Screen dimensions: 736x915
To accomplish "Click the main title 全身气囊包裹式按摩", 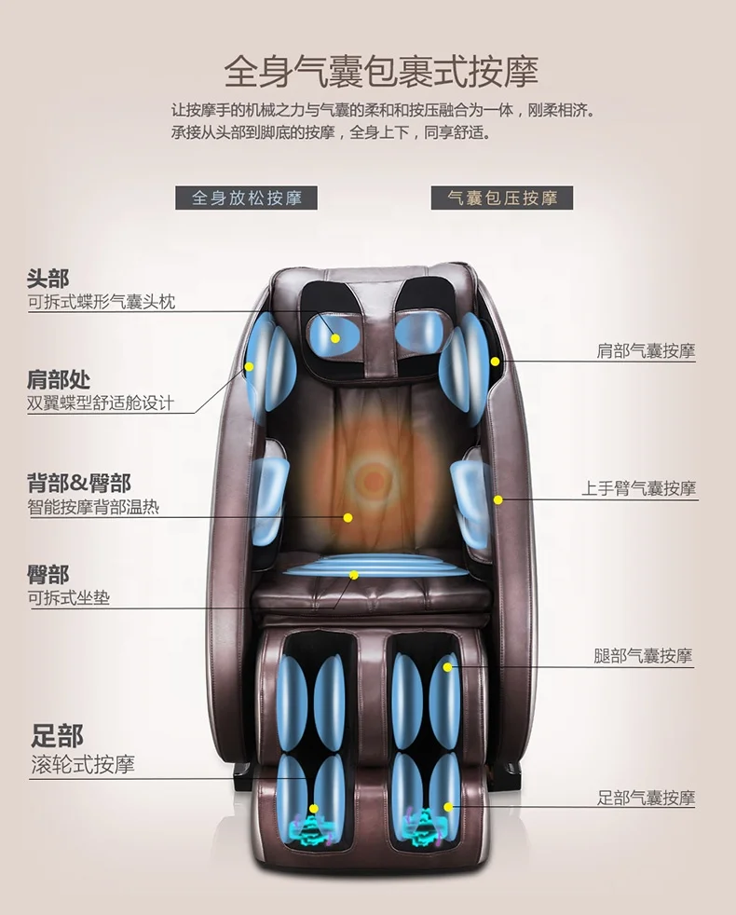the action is (x=381, y=70).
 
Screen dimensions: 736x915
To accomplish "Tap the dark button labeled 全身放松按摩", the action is (x=245, y=198).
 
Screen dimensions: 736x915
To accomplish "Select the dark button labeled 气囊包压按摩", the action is (x=502, y=198).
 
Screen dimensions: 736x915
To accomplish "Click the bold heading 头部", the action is (x=48, y=278).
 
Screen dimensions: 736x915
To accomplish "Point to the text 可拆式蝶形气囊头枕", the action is (x=102, y=302).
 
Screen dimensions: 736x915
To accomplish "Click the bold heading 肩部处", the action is (x=59, y=379).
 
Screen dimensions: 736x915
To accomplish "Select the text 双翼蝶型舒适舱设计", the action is (x=101, y=403).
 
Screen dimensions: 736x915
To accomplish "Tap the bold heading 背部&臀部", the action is (x=79, y=483).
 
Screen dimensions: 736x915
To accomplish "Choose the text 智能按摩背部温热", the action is (x=93, y=508).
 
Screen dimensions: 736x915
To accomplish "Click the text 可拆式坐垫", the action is (x=68, y=598).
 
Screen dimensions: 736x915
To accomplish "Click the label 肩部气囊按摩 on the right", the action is (x=646, y=351).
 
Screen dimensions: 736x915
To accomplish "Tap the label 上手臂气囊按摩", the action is (x=639, y=488).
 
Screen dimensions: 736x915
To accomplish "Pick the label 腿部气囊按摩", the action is (x=643, y=657).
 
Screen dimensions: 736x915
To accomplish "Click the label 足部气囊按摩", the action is (x=646, y=798).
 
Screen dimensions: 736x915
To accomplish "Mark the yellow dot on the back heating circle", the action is (x=348, y=517).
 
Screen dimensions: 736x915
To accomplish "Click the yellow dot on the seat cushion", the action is (x=354, y=575).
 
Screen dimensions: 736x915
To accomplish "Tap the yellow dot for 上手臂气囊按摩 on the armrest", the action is (x=498, y=500).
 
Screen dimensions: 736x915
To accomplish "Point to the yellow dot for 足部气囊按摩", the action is (x=448, y=807).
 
